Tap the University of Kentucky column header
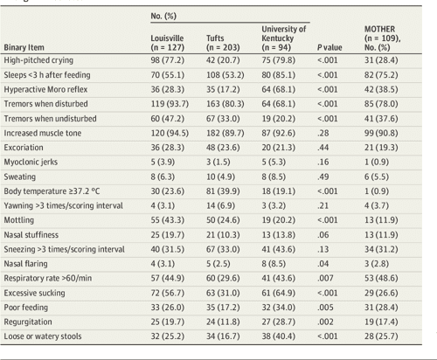285,38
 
